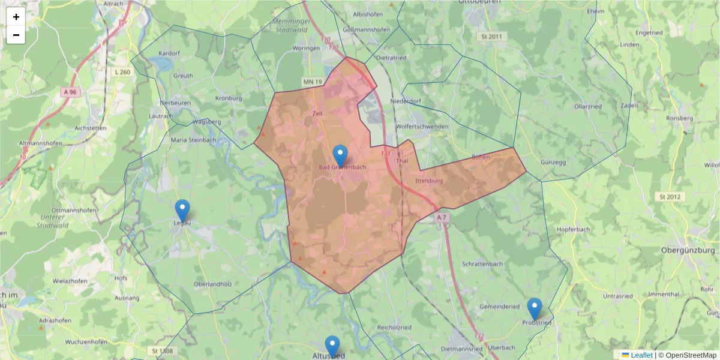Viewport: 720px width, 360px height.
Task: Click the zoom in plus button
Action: click(x=16, y=17)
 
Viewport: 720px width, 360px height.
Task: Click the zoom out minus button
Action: click(x=16, y=35)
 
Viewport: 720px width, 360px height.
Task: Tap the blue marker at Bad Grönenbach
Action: click(x=340, y=156)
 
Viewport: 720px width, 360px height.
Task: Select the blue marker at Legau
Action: click(x=182, y=211)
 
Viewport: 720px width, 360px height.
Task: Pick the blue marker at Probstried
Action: click(x=534, y=309)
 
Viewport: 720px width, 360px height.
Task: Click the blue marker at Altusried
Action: click(x=332, y=347)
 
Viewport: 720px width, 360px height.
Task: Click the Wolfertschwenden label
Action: click(x=422, y=127)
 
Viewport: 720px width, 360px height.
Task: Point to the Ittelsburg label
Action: click(x=428, y=181)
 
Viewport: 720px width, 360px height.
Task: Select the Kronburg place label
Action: click(x=227, y=98)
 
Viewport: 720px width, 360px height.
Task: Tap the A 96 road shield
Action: click(x=70, y=92)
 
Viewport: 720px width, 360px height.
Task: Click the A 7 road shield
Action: click(x=442, y=217)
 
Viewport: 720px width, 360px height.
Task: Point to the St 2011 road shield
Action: click(x=490, y=37)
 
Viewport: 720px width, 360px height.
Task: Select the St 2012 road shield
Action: click(x=670, y=196)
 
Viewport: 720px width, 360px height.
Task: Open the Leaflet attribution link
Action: click(x=641, y=355)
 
